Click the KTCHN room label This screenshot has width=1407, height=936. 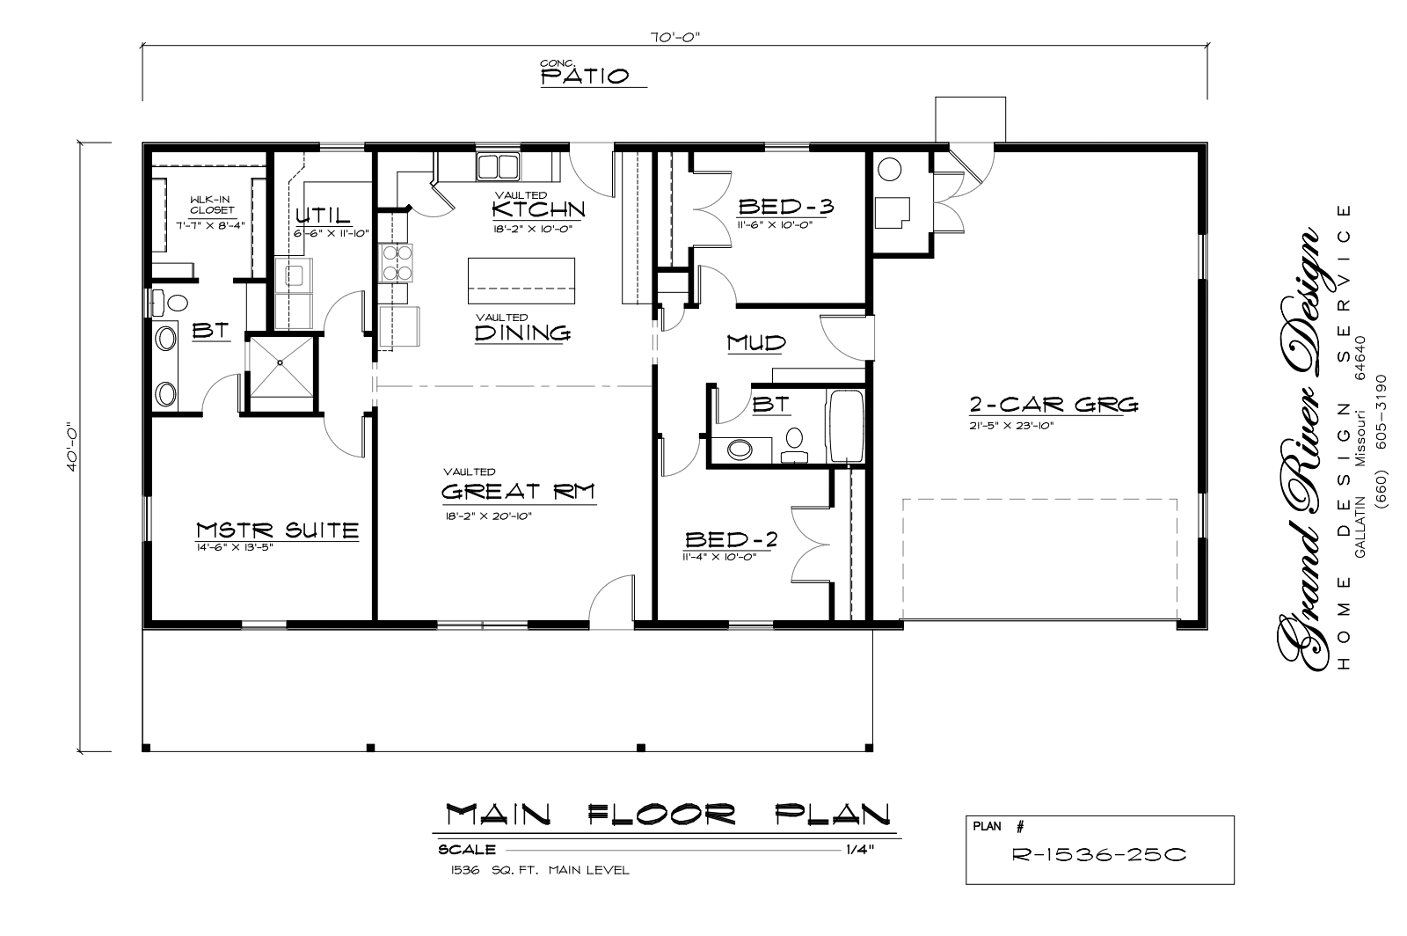(538, 208)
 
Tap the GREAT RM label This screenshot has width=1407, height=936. (518, 491)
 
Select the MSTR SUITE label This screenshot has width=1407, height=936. (277, 530)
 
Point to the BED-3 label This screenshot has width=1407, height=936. (786, 206)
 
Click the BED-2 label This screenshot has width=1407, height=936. (731, 539)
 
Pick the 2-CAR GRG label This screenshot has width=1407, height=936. (1053, 405)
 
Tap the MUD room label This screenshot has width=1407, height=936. (756, 343)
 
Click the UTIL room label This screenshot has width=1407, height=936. (323, 216)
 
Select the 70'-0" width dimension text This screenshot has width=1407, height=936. (674, 37)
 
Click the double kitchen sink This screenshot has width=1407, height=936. (498, 166)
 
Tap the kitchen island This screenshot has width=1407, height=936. (521, 281)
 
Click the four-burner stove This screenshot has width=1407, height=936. (397, 262)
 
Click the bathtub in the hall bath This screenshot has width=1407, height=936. (845, 427)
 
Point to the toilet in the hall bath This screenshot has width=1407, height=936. (795, 445)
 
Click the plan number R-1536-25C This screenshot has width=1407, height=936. (1099, 854)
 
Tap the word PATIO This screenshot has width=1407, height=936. (585, 77)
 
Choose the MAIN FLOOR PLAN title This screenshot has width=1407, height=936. (667, 815)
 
